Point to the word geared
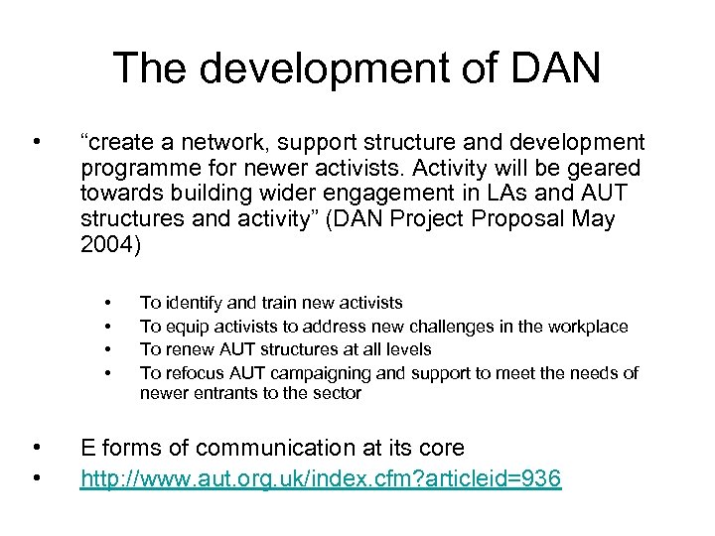point(608,169)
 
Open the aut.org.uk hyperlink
point(321,480)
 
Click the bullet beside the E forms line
point(36,447)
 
